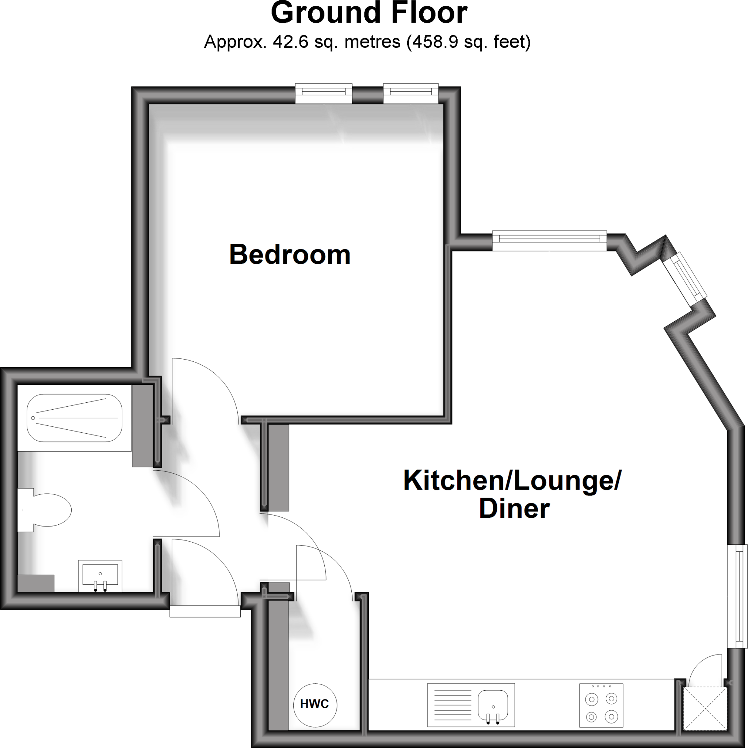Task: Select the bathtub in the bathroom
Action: click(x=75, y=418)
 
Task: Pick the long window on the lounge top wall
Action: click(x=549, y=241)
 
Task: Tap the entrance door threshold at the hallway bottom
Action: click(x=205, y=611)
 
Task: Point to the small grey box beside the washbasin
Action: click(x=36, y=583)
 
